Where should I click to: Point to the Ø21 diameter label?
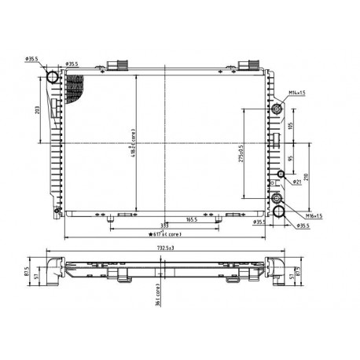(x=297, y=182)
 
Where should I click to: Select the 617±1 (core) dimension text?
(x=167, y=233)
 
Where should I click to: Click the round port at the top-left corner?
(x=53, y=77)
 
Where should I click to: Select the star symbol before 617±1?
(x=149, y=233)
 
